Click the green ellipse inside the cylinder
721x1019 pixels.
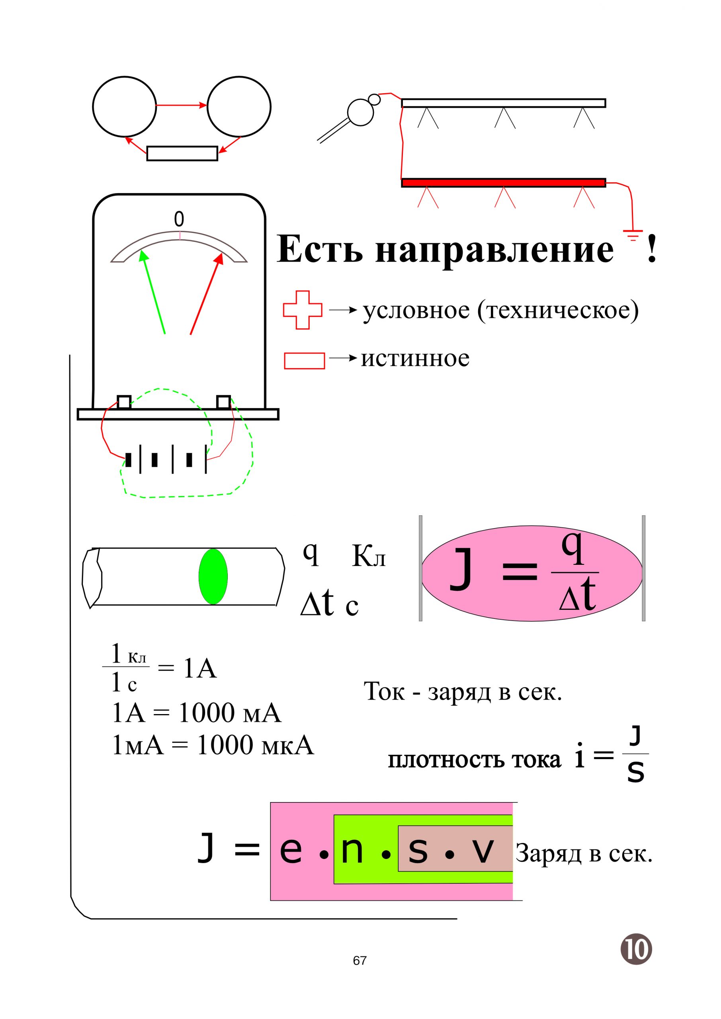(213, 576)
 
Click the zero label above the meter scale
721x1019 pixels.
(179, 219)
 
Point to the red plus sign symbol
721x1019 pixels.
(302, 310)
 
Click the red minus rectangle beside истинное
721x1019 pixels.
(304, 360)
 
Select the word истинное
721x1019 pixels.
(415, 359)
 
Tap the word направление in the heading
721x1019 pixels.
(494, 250)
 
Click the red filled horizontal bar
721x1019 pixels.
(504, 182)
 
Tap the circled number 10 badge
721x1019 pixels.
(636, 949)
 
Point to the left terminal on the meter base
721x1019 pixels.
(124, 402)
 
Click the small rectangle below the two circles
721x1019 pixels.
(182, 154)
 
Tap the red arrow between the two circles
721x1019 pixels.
(182, 105)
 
